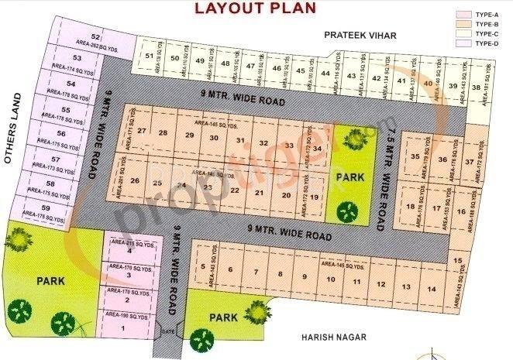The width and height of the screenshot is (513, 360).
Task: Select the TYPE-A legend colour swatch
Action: pos(464,13)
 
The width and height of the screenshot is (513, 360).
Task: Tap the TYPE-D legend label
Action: pos(486,44)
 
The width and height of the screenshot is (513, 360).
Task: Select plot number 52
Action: pos(96,37)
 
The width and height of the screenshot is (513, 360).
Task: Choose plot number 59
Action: pos(46,208)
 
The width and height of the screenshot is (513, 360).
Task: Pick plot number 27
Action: pos(142,131)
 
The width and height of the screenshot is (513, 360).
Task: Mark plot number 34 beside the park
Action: pos(317,147)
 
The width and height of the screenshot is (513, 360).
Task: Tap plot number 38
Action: pos(475,87)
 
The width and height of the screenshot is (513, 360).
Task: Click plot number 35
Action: pos(415,156)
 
